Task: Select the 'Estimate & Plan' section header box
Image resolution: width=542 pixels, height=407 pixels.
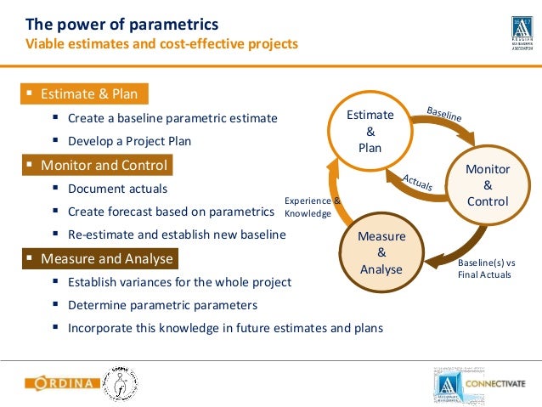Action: pos(84,93)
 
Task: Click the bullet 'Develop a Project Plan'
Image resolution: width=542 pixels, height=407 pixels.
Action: pos(129,141)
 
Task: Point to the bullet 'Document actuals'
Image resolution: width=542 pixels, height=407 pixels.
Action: pos(117,189)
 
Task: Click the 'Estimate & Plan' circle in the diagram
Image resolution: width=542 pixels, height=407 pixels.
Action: pos(370,131)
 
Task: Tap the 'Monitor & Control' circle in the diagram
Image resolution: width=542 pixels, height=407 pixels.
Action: pos(488,185)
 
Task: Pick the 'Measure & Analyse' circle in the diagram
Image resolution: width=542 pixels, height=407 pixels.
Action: pos(381,252)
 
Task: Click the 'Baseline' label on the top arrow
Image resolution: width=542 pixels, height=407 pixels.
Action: pos(444,114)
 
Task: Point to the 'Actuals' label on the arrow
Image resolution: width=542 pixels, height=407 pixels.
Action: pos(417,180)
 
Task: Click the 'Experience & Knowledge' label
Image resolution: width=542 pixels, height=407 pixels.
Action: pos(311,207)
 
